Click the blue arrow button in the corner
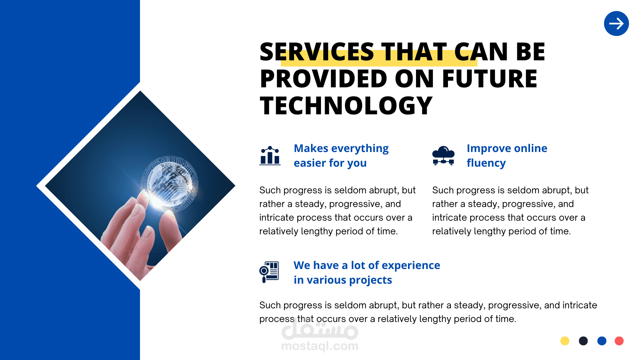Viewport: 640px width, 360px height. tap(616, 23)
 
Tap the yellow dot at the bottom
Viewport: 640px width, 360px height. tap(565, 341)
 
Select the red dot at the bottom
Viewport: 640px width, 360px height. tap(619, 341)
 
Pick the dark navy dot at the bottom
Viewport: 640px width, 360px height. tap(583, 341)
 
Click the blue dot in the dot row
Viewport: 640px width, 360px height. tap(602, 341)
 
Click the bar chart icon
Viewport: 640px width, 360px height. tap(270, 155)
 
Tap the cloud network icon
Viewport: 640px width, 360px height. tap(443, 155)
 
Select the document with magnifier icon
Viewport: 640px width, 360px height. tap(269, 272)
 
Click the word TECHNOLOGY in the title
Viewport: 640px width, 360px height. tap(346, 106)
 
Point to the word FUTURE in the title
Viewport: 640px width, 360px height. tap(490, 79)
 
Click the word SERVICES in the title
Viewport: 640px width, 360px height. tap(317, 52)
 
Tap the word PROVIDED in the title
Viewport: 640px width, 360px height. tap(323, 79)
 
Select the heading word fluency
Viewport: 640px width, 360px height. tap(486, 163)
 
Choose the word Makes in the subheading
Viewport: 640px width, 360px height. tap(311, 148)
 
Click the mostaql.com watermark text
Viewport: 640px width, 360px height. tap(320, 346)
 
